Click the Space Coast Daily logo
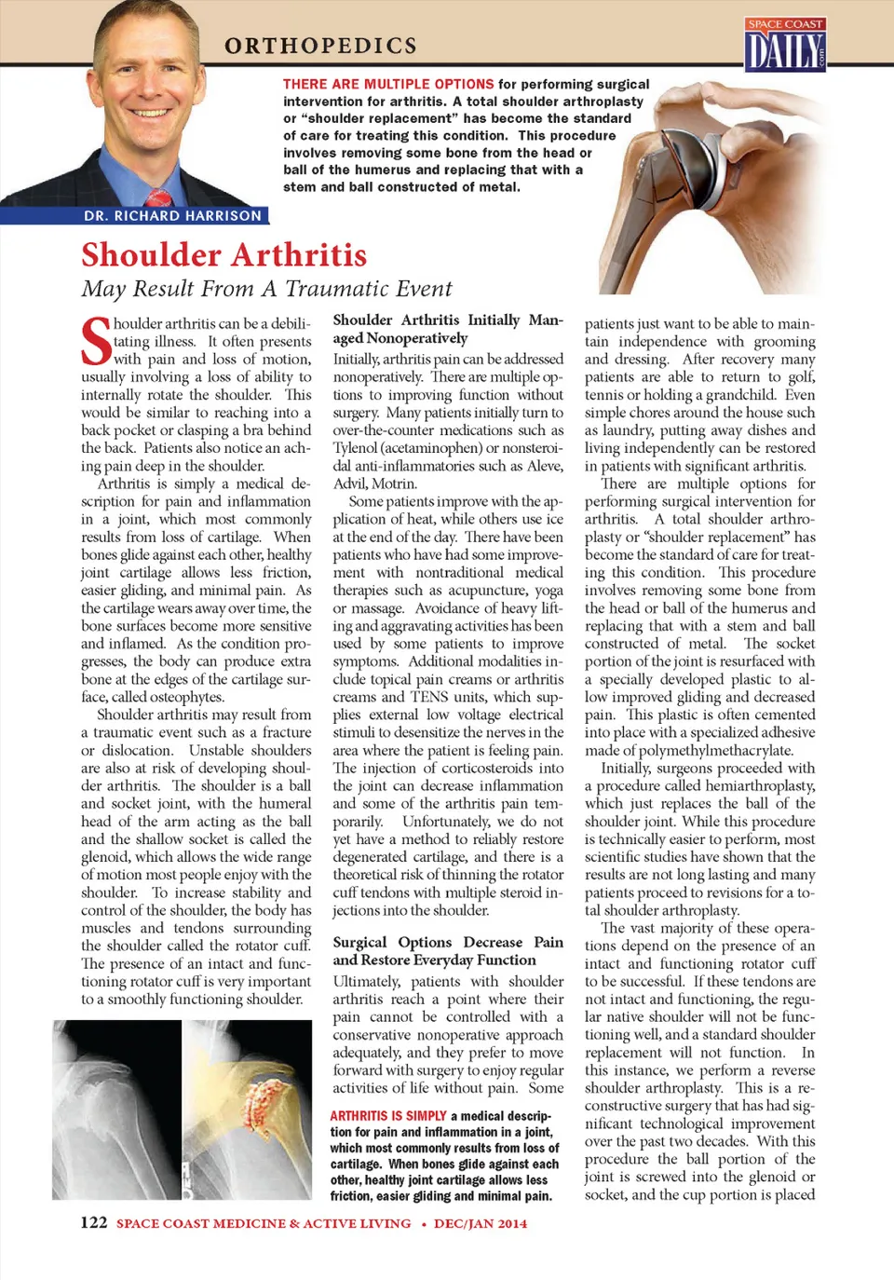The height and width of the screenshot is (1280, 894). click(785, 45)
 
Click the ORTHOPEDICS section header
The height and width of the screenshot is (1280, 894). click(320, 46)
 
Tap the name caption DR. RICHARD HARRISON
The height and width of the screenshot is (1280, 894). click(172, 215)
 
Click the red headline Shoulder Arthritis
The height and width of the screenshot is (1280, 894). click(223, 255)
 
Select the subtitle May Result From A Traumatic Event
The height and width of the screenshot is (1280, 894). click(266, 289)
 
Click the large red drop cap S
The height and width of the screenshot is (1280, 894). click(97, 342)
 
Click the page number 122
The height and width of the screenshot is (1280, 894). click(94, 1222)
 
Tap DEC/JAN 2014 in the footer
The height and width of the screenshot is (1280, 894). click(481, 1223)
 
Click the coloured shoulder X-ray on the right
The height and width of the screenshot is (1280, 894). click(247, 1109)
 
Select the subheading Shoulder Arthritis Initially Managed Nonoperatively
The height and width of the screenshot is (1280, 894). click(447, 329)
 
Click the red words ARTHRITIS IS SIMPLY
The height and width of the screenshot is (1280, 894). click(387, 1116)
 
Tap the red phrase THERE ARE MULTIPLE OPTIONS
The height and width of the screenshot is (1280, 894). click(388, 84)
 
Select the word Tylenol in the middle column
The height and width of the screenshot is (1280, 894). click(356, 448)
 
